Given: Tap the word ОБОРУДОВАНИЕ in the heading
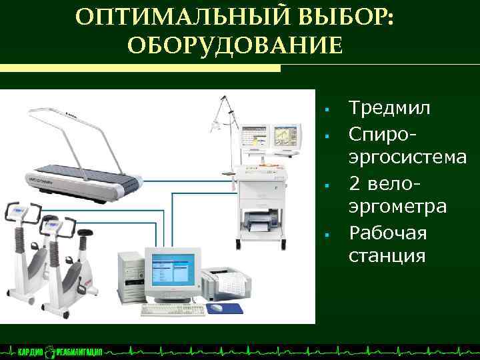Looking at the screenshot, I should tap(234, 46).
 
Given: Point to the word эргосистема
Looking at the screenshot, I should tap(407, 157).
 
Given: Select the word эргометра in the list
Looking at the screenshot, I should tap(398, 207).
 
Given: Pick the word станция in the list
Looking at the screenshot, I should tap(387, 256).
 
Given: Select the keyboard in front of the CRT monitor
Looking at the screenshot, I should tap(171, 309).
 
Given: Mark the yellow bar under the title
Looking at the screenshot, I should tap(140, 68).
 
